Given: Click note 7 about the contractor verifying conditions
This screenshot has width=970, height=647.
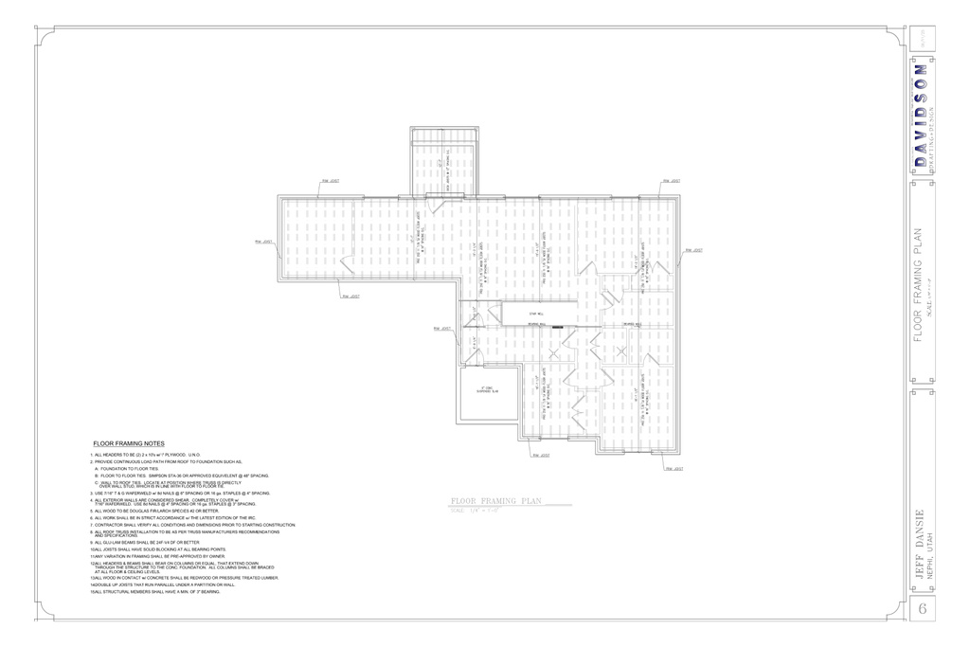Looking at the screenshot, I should coord(193,525).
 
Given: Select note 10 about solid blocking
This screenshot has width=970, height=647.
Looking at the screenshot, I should coord(158,549).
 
